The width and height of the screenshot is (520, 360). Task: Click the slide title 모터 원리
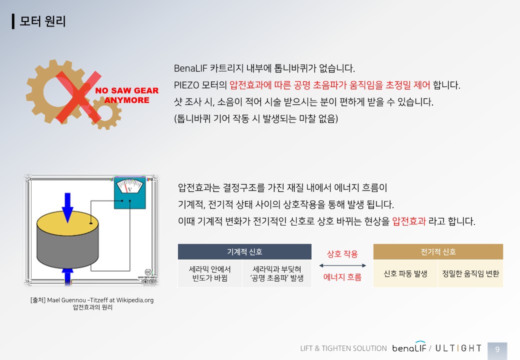[x=42, y=21]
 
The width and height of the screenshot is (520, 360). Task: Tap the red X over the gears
[x=79, y=97]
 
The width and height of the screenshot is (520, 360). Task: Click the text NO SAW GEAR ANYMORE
[x=127, y=95]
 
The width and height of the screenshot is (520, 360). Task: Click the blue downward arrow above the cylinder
[x=67, y=207]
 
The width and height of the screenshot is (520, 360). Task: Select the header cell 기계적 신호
[x=244, y=252]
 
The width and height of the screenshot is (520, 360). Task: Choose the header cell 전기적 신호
[x=438, y=252]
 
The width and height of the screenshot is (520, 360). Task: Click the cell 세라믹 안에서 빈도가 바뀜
[x=210, y=273]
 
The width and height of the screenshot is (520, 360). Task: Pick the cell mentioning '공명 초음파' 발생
[x=277, y=273]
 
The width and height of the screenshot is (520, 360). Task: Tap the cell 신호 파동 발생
[x=405, y=273]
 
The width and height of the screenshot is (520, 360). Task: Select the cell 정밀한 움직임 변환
[x=470, y=273]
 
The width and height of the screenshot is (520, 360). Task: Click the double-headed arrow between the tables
[x=342, y=265]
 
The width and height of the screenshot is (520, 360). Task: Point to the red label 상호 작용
[x=342, y=254]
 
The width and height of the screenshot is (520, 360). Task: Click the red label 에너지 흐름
[x=342, y=277]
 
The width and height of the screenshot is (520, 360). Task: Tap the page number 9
[x=497, y=349]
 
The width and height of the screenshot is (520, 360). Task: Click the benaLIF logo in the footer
[x=409, y=347]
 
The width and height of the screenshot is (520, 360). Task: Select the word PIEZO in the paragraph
[x=186, y=85]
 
